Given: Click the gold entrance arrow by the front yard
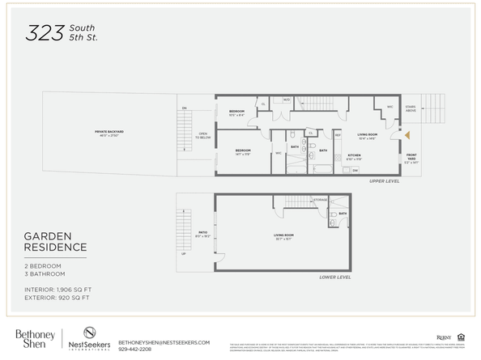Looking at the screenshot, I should point(408,137).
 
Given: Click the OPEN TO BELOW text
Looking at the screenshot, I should point(202,135).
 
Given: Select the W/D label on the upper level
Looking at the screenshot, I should point(286,100).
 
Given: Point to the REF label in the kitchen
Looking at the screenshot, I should point(338,135).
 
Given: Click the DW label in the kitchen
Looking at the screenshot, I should point(355,170).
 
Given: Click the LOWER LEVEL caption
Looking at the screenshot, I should point(334,277).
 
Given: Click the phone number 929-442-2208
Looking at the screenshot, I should point(139,349).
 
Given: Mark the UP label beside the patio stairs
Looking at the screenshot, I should point(182,252).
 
